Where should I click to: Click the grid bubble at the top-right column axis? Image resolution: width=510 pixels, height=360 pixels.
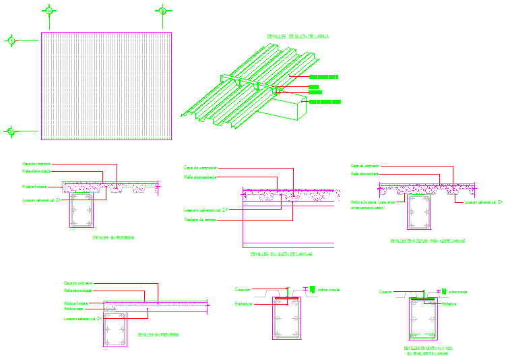[162, 11]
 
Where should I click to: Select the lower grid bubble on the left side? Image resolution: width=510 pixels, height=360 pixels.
[10, 131]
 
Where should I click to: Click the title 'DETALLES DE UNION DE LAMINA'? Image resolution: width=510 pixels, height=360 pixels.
[298, 37]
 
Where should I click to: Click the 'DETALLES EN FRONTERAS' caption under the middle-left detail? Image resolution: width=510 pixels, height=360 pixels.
[113, 237]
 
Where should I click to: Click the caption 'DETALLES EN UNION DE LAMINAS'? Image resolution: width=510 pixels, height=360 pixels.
[282, 254]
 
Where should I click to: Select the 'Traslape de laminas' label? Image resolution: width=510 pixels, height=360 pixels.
[200, 219]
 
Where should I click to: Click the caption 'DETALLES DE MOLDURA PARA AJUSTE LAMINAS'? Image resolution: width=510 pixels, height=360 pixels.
[427, 241]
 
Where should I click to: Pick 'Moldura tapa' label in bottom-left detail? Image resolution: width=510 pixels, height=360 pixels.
[75, 309]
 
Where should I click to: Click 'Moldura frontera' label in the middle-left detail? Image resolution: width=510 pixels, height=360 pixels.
[34, 187]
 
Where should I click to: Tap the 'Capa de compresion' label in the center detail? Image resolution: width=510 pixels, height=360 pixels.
[199, 167]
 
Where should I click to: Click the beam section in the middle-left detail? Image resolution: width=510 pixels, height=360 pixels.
[83, 212]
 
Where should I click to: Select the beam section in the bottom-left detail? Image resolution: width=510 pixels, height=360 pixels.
[115, 330]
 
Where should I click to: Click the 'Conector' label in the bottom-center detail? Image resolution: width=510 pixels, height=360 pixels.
[243, 289]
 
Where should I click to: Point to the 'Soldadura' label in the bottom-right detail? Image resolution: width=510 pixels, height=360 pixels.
[451, 304]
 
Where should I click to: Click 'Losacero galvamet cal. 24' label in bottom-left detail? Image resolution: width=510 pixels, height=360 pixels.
[82, 318]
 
